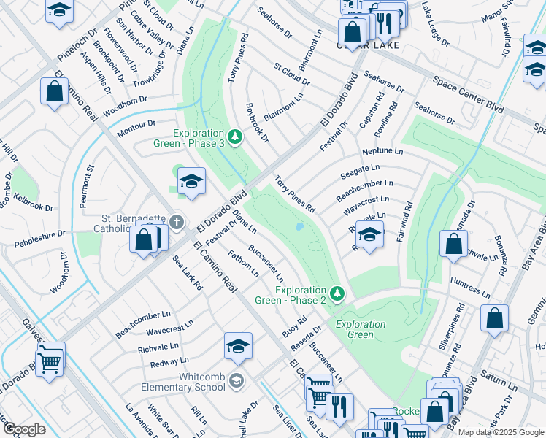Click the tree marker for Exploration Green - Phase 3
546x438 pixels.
[234, 137]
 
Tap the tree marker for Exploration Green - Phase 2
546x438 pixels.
[336, 293]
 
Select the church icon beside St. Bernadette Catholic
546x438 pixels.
[176, 221]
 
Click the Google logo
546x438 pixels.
[24, 429]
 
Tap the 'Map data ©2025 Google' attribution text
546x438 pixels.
[501, 432]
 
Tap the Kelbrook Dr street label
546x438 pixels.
[31, 202]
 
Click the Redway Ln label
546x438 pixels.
[169, 361]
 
